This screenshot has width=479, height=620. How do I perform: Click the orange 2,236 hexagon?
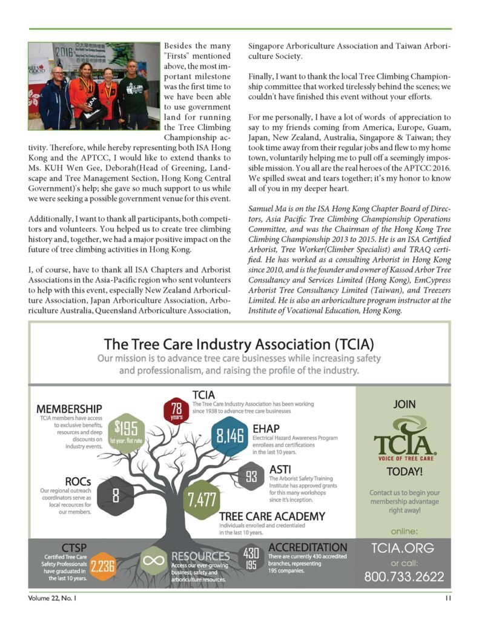(x=102, y=566)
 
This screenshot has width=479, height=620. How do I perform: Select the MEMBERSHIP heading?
(x=69, y=409)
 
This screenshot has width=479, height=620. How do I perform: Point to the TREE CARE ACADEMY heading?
(x=272, y=516)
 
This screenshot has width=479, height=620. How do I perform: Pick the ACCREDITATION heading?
(x=308, y=547)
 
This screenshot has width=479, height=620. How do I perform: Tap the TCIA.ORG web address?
(x=402, y=549)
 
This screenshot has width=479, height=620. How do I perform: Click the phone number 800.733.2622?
(x=403, y=578)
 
